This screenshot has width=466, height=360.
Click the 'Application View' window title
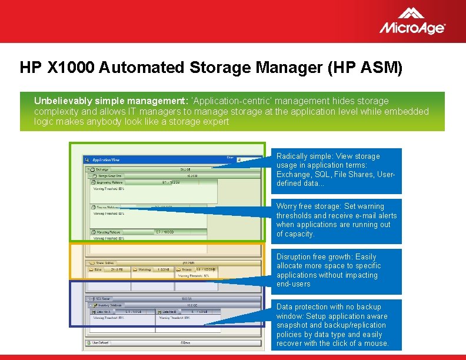click(x=106, y=159)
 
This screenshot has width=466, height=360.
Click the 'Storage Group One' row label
click(x=110, y=175)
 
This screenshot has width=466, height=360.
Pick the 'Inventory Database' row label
click(x=111, y=305)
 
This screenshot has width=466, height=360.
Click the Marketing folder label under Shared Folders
click(x=145, y=269)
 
